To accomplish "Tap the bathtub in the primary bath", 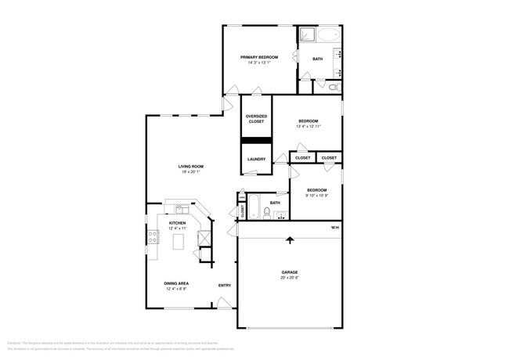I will click(328, 34).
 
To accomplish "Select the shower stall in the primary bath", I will click(306, 35).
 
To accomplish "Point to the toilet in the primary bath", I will click(333, 87).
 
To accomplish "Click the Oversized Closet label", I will click(256, 119).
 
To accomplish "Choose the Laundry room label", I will click(256, 159).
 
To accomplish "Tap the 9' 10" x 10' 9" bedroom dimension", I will click(316, 196).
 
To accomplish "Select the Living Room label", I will click(190, 166).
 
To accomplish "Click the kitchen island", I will click(177, 243).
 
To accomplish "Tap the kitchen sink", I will click(180, 209).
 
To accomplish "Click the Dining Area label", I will click(176, 283).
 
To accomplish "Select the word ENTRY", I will click(225, 285).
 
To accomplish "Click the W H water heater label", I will click(334, 229).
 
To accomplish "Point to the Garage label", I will click(290, 272).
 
